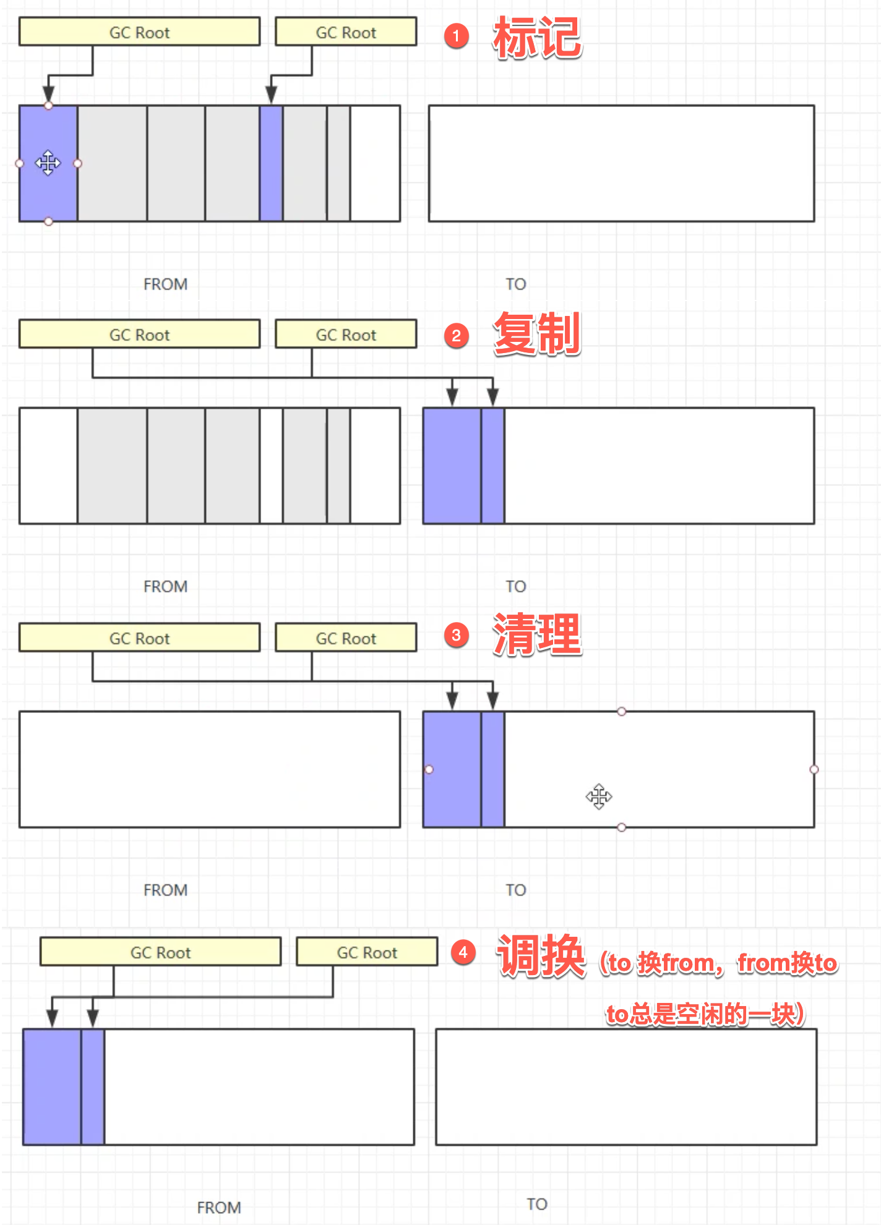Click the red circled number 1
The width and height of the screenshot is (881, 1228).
pyautogui.click(x=457, y=36)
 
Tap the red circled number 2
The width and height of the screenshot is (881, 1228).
pyautogui.click(x=457, y=336)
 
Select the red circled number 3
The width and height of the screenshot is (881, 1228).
pyautogui.click(x=457, y=635)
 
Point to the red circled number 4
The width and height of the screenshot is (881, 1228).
pyautogui.click(x=463, y=952)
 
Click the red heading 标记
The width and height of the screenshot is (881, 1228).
pyautogui.click(x=537, y=38)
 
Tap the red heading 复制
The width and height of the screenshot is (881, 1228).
pyautogui.click(x=537, y=334)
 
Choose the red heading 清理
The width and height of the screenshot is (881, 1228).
pyautogui.click(x=537, y=634)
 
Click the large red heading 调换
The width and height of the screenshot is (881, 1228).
pyautogui.click(x=541, y=956)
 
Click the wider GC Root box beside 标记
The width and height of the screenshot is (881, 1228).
pyautogui.click(x=139, y=32)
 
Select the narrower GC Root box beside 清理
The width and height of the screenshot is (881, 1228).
pyautogui.click(x=346, y=638)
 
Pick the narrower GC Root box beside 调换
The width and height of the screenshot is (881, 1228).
pyautogui.click(x=367, y=952)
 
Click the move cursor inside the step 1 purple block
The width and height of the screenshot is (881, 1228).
pyautogui.click(x=48, y=163)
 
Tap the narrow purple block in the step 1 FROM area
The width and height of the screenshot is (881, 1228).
pyautogui.click(x=271, y=163)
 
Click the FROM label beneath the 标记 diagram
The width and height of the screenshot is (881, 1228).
pyautogui.click(x=165, y=284)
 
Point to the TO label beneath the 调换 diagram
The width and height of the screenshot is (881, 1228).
pyautogui.click(x=537, y=1204)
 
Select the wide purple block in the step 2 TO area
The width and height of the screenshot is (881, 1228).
pyautogui.click(x=452, y=466)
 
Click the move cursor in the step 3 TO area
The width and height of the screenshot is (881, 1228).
pyautogui.click(x=599, y=796)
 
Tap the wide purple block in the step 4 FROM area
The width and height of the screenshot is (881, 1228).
pyautogui.click(x=52, y=1087)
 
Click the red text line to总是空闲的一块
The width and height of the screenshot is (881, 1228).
pyautogui.click(x=705, y=1014)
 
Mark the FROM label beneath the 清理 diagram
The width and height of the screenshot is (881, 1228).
pyautogui.click(x=165, y=890)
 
